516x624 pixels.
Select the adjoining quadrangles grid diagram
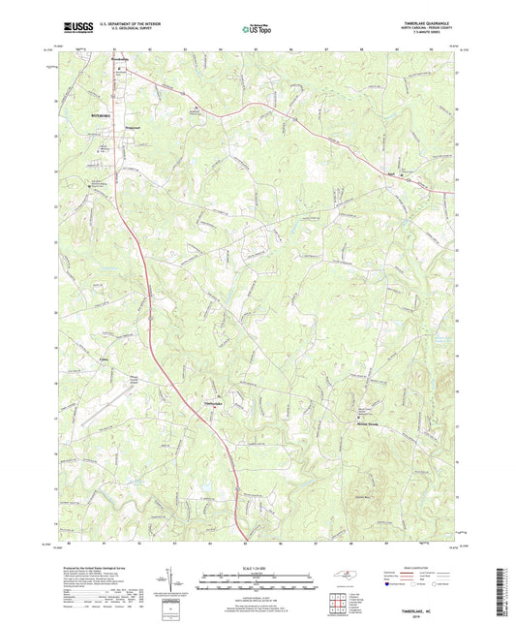[338, 601]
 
